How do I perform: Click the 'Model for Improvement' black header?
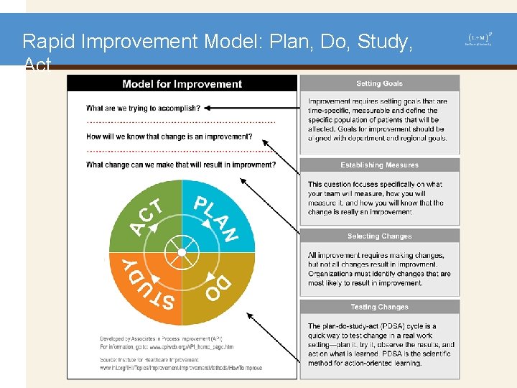coord(182,84)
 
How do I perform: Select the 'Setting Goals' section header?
coord(379,84)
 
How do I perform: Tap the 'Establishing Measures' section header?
coord(379,165)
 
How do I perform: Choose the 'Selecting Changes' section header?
coord(379,236)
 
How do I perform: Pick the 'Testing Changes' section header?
coord(379,307)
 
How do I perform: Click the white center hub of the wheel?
coord(182,252)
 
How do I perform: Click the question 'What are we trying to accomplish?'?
coord(143,108)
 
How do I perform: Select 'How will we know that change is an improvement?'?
coord(169,137)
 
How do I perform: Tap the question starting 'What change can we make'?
coord(180,165)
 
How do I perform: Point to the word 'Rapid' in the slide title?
coord(49,42)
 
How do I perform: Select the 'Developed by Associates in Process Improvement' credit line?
coord(161,337)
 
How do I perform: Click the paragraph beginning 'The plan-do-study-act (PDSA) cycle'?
coord(381,345)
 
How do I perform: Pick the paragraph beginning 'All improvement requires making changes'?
coord(379,269)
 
